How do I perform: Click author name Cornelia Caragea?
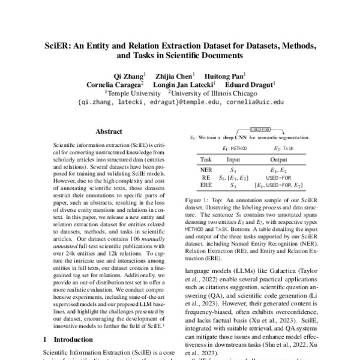pyautogui.click(x=106, y=85)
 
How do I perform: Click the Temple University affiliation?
pyautogui.click(x=133, y=94)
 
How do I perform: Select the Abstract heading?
pyautogui.click(x=109, y=131)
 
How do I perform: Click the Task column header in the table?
pyautogui.click(x=206, y=160)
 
